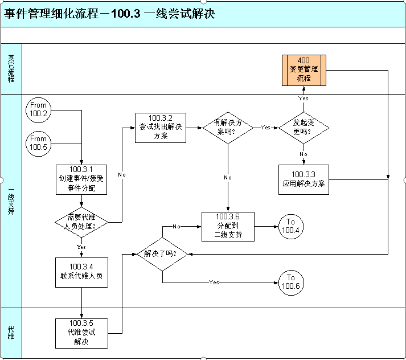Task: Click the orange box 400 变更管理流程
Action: [304, 69]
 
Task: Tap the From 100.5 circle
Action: [38, 143]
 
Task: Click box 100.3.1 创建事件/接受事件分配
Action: [81, 179]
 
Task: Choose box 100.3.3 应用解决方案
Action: [304, 179]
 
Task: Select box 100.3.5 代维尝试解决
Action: [81, 333]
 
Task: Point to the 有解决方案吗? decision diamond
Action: [228, 127]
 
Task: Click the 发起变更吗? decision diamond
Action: [304, 127]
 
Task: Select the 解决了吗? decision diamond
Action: [162, 253]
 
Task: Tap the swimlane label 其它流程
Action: [11, 68]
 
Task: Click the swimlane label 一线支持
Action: [11, 201]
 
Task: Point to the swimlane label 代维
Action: [11, 332]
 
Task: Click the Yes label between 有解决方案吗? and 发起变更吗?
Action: [265, 128]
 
